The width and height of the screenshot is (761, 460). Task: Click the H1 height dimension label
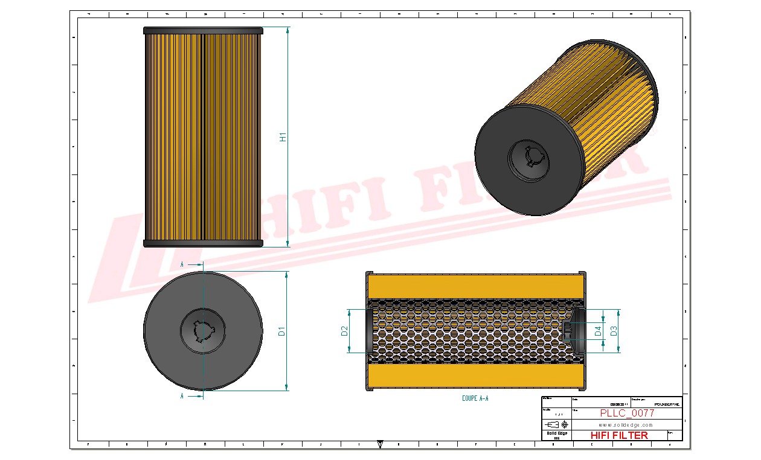[x=282, y=137]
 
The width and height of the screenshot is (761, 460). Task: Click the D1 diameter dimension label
[x=281, y=330]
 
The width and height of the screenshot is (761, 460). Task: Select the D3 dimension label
[x=614, y=330]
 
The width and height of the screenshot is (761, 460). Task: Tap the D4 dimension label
[x=598, y=330]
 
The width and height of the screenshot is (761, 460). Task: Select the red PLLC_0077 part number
[x=627, y=414]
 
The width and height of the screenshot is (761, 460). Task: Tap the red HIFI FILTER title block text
[x=618, y=435]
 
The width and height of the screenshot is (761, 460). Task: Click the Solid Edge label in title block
[x=556, y=433]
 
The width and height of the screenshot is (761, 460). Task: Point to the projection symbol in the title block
[x=556, y=424]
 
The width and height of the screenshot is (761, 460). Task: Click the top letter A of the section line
[x=182, y=264]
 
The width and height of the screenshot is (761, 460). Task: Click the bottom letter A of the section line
[x=182, y=397]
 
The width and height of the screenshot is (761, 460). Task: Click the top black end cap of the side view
[x=203, y=30]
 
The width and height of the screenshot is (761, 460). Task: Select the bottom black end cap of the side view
[x=203, y=243]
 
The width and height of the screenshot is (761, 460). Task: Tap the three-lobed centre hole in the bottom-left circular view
[x=203, y=330]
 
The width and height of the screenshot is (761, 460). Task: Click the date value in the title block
[x=617, y=404]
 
